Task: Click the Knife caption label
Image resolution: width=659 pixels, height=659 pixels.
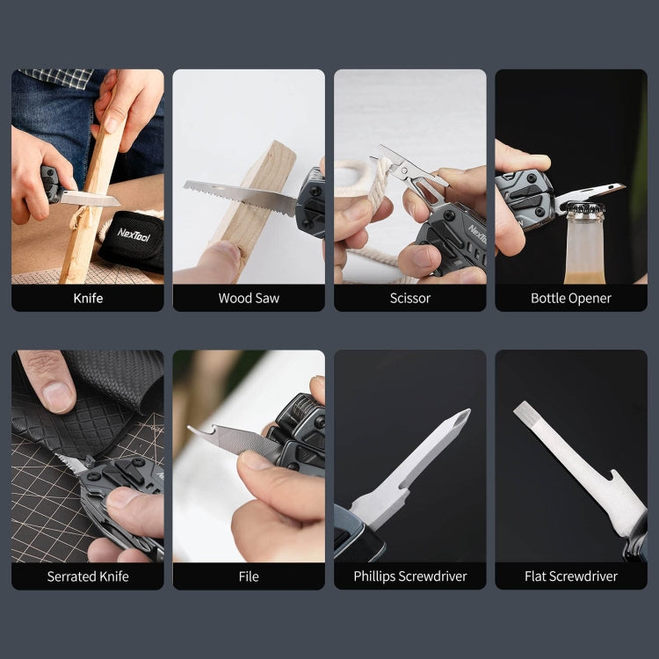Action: [88, 298]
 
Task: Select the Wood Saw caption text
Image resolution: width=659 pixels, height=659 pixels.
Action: [249, 298]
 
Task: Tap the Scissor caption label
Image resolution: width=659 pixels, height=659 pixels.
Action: [410, 298]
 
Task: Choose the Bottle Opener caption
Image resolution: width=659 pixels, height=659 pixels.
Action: [571, 298]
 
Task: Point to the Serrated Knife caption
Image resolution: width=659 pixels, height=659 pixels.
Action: [88, 576]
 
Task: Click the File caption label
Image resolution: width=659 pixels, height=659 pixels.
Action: [249, 576]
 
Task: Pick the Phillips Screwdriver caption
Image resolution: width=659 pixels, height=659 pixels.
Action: [410, 576]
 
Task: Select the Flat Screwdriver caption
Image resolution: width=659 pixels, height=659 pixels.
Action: [571, 576]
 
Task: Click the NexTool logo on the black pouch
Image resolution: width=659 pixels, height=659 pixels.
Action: [134, 235]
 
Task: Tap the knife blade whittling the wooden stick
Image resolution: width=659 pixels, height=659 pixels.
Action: [90, 198]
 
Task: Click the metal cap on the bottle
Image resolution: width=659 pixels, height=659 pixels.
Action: [585, 208]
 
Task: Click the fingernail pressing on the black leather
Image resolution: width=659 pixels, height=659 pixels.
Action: [58, 397]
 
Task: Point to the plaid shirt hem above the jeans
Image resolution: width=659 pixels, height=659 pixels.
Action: [58, 77]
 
